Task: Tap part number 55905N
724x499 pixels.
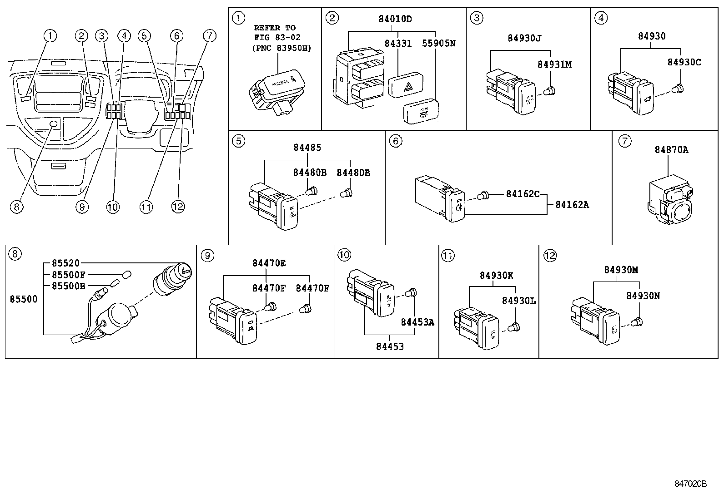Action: [438, 44]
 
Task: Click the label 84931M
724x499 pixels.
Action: [554, 64]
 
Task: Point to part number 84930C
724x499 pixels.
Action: [684, 62]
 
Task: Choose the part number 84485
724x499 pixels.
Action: [307, 148]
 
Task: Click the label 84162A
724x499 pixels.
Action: [572, 205]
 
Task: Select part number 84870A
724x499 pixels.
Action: [671, 149]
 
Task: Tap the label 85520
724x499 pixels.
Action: [65, 263]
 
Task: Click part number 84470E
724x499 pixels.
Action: [269, 263]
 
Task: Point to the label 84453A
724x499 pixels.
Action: [417, 322]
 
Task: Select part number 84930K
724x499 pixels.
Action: [496, 275]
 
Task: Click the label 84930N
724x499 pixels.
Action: [643, 296]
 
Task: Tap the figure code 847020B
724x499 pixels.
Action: [690, 484]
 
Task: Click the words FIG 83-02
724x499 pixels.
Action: [277, 38]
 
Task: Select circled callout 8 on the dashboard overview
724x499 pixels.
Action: [16, 207]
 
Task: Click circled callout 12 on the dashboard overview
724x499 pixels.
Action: [178, 207]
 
